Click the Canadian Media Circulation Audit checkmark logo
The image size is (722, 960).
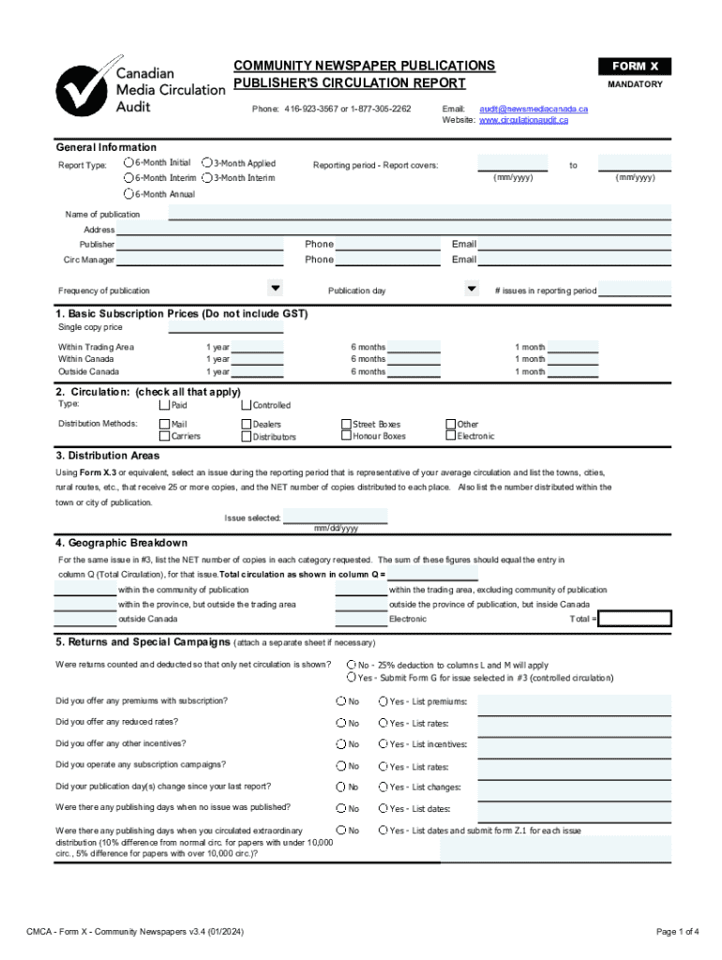(83, 88)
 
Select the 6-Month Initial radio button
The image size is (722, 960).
(128, 163)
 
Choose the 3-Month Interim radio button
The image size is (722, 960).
(206, 178)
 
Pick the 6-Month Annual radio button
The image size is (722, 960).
(128, 194)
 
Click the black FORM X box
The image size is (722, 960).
(635, 67)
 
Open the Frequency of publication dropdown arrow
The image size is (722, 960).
(276, 288)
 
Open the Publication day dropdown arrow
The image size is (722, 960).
(472, 288)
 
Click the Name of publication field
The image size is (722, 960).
(418, 213)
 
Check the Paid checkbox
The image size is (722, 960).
(165, 405)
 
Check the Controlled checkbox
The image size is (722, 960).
(246, 405)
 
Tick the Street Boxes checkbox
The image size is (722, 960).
(345, 425)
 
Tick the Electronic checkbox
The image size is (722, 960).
(450, 436)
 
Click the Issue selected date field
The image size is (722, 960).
(336, 517)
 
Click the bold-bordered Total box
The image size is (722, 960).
(635, 619)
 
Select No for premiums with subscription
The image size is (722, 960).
(341, 701)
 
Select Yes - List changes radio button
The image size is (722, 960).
(383, 787)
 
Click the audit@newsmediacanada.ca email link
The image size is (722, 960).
(534, 109)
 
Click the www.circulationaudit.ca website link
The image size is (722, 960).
(523, 120)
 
